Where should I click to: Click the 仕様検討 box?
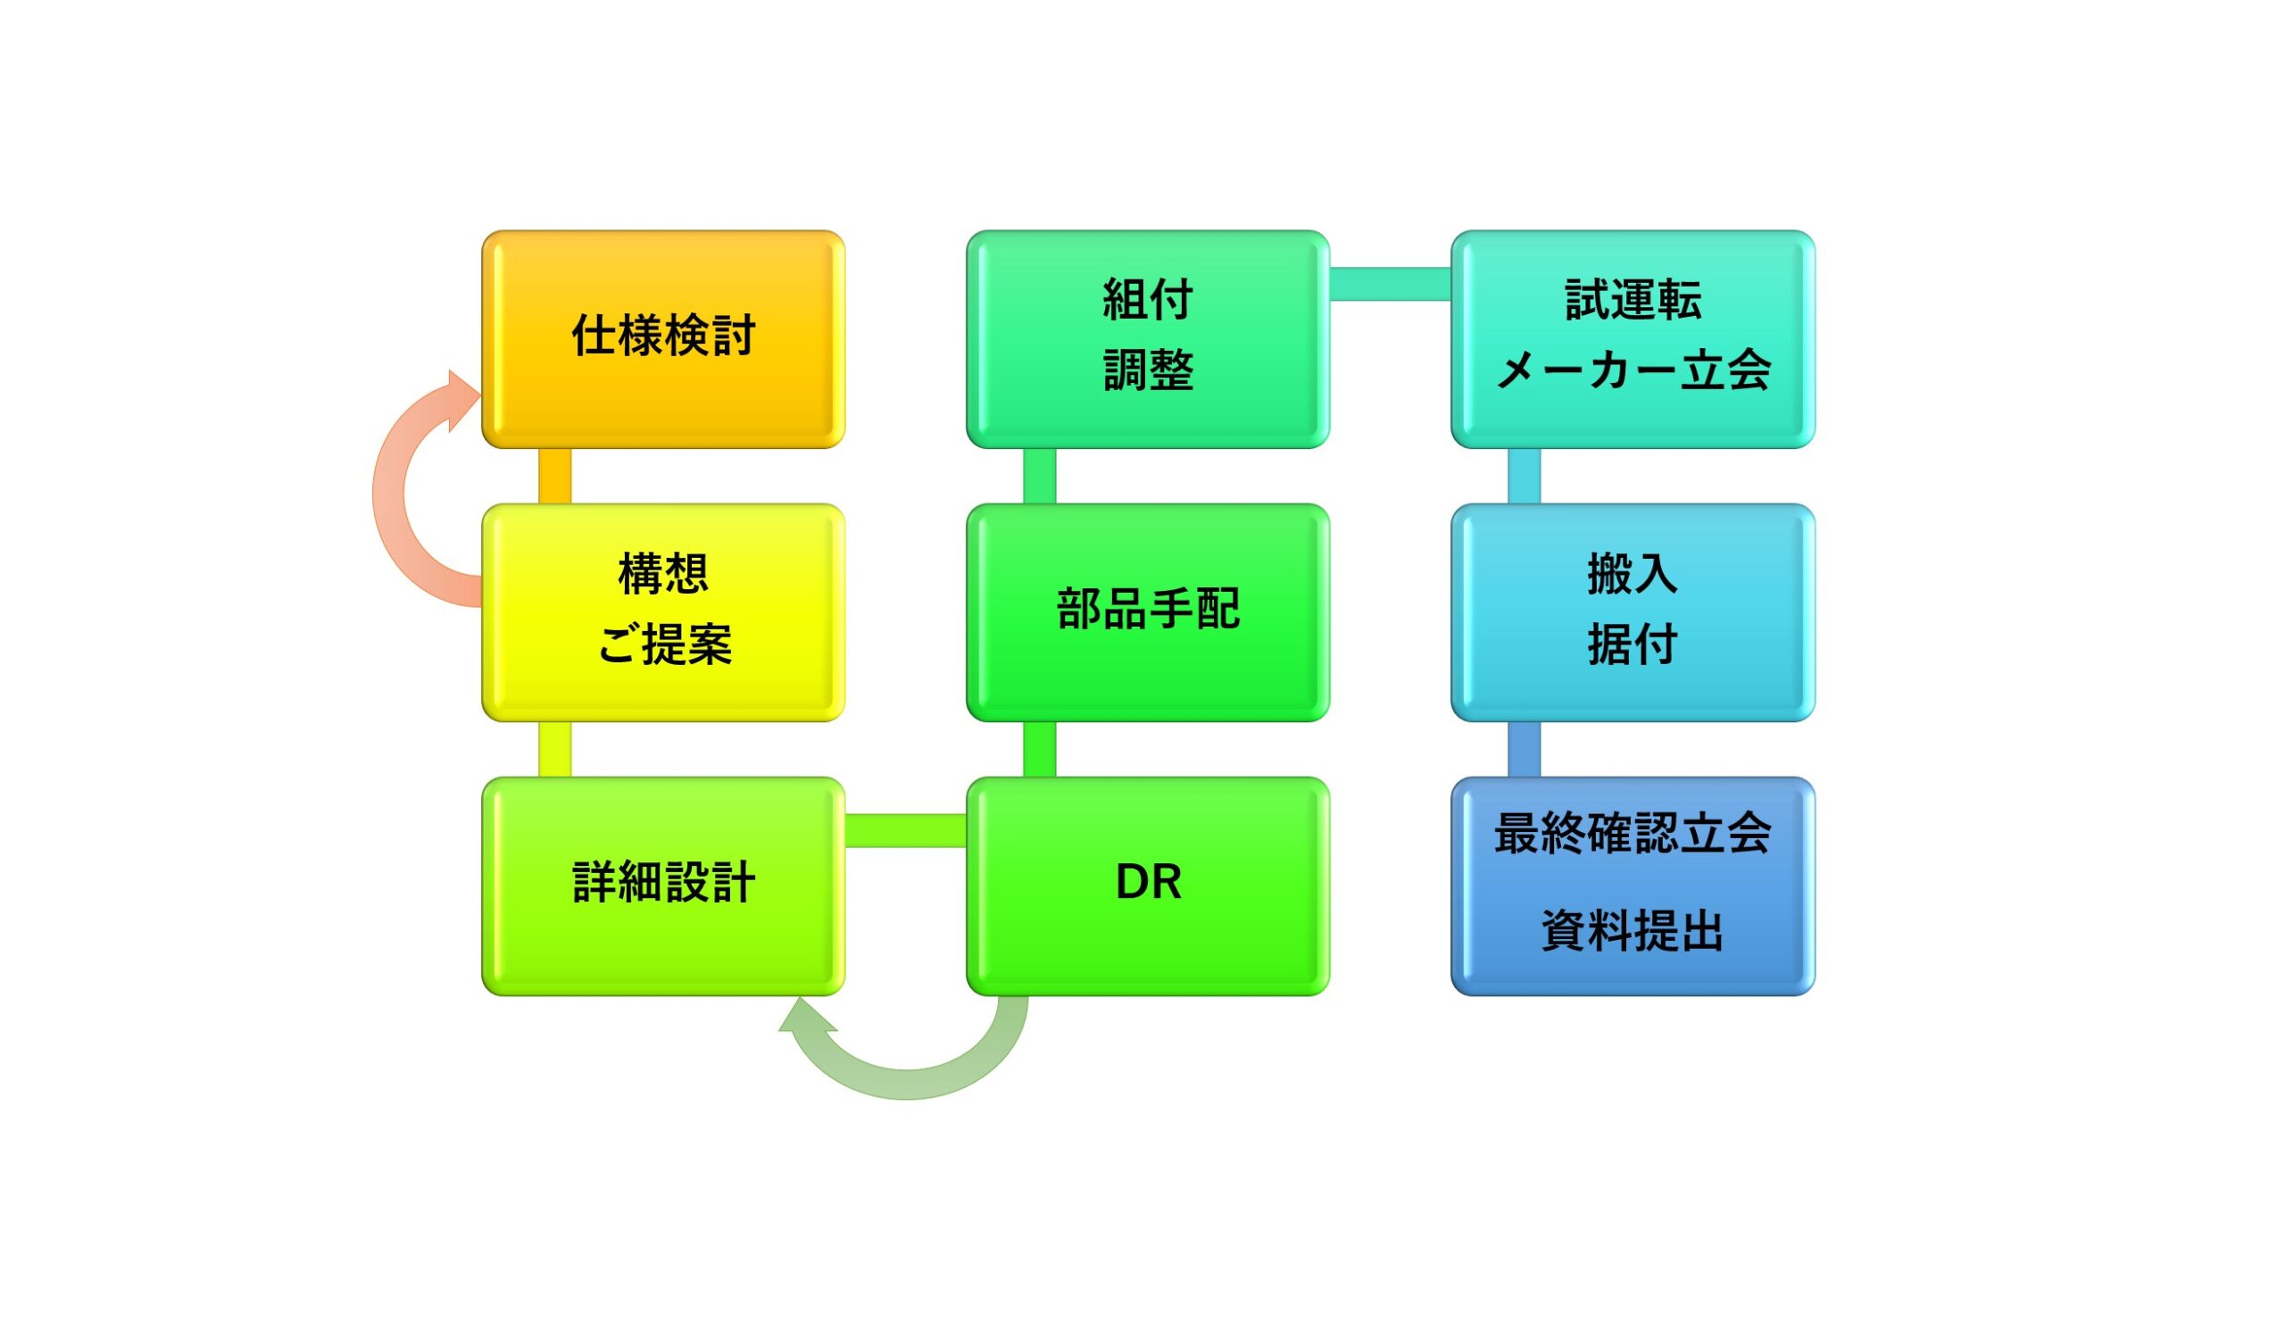click(663, 339)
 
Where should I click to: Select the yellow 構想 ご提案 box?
click(663, 613)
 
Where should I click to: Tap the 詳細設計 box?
click(663, 885)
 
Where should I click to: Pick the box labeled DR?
click(1148, 885)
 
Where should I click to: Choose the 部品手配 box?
click(1148, 613)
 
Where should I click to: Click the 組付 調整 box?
click(1148, 339)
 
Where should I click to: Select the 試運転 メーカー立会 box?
click(1633, 339)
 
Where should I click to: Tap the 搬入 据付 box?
click(1633, 613)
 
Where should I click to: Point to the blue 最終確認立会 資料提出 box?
click(1633, 885)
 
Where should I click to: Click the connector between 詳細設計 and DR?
click(906, 830)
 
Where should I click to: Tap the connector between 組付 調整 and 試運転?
click(1391, 284)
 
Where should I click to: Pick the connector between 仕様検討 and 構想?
click(555, 476)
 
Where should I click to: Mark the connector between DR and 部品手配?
click(1039, 750)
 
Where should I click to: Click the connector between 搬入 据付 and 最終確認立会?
click(1525, 750)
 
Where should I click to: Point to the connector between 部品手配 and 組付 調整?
click(1039, 476)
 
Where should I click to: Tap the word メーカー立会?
click(1633, 370)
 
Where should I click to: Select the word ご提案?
click(665, 644)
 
